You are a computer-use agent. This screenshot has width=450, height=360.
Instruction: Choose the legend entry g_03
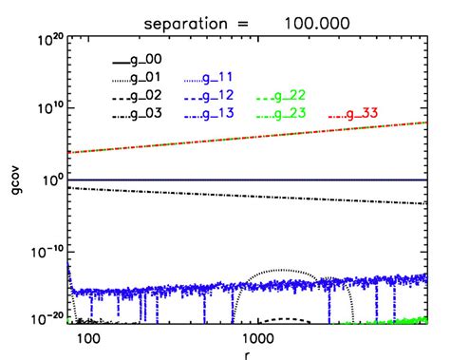click(x=139, y=115)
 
